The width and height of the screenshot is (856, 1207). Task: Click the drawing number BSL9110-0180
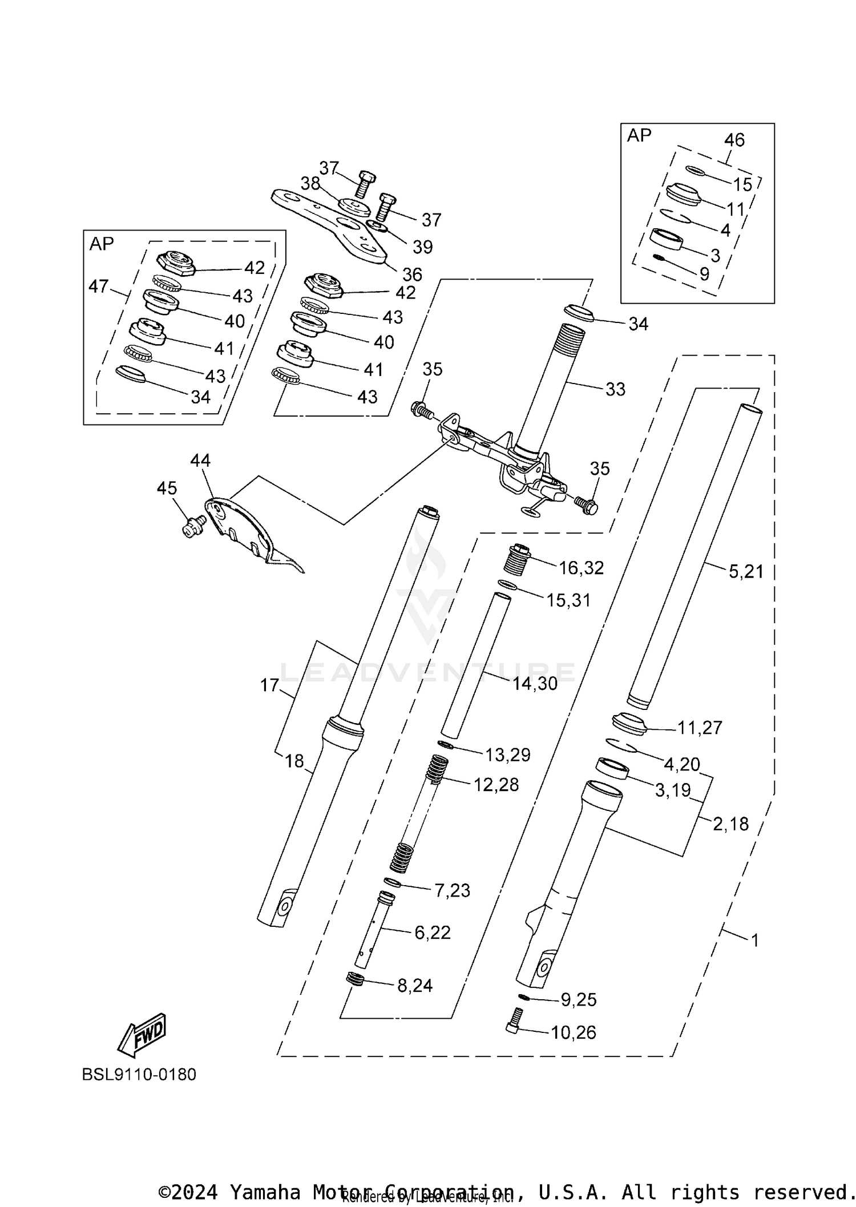(x=139, y=1074)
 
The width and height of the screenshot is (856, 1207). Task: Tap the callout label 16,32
(x=581, y=568)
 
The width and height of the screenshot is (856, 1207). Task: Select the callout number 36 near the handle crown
(x=412, y=274)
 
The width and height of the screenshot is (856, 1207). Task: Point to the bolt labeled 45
(x=192, y=526)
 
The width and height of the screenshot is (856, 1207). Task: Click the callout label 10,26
(x=574, y=1032)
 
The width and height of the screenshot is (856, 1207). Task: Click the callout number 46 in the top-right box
(x=734, y=140)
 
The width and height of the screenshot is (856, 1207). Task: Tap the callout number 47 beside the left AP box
(x=98, y=286)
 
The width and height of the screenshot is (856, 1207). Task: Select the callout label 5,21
(x=746, y=571)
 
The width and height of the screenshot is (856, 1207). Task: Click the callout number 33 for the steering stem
(x=615, y=389)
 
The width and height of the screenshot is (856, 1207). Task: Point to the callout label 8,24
(x=415, y=985)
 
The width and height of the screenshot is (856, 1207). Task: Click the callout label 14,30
(x=535, y=683)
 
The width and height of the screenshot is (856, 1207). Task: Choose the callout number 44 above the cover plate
(x=200, y=460)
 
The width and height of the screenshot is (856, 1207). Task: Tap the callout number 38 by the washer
(x=310, y=183)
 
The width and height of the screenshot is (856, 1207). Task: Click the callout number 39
(x=422, y=247)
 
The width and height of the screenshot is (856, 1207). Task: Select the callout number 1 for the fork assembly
(x=755, y=940)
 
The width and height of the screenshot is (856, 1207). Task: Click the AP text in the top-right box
(x=639, y=135)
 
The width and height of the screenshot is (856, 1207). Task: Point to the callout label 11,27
(x=700, y=728)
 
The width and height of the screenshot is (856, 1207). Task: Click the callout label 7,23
(x=453, y=890)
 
